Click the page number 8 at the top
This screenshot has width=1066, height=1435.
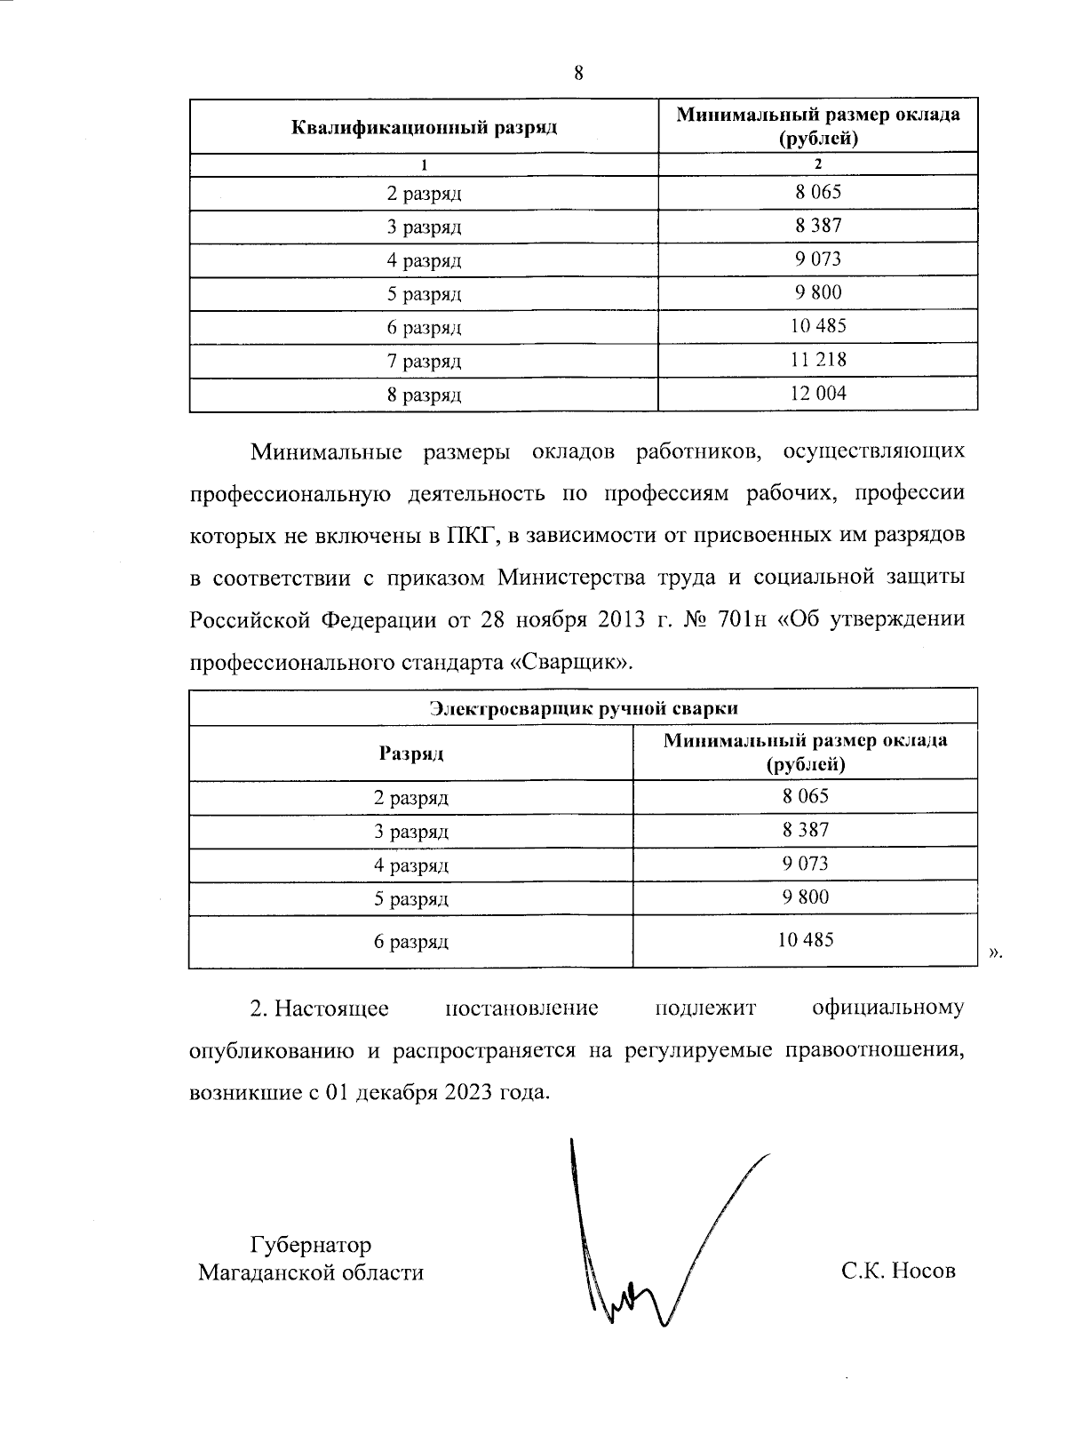(578, 74)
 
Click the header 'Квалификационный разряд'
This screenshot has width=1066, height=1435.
(424, 127)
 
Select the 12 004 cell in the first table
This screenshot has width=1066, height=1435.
(818, 394)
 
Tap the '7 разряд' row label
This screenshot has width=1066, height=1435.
(424, 362)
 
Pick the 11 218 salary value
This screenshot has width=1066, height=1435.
(818, 360)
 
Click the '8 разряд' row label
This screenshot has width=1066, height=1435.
(424, 395)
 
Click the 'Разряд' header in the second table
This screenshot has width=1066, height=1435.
(411, 754)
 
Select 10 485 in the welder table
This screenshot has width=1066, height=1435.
(806, 939)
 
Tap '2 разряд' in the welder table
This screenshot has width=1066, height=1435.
(411, 798)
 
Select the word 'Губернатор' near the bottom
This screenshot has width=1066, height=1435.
(311, 1244)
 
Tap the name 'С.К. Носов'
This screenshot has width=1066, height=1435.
(898, 1271)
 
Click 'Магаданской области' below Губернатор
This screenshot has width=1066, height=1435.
(311, 1272)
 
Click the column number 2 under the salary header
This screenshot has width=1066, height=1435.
(818, 164)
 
